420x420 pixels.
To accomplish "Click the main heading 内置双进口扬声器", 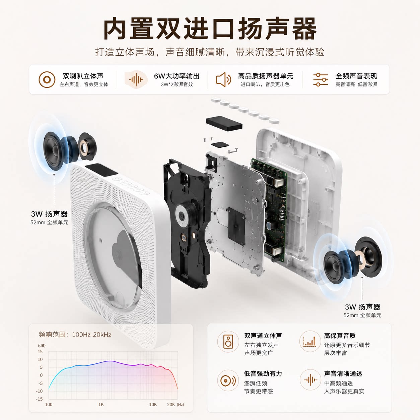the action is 210,29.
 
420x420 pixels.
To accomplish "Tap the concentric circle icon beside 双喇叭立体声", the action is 47,80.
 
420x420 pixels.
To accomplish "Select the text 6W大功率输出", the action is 177,76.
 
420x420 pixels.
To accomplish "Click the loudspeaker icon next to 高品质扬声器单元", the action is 223,80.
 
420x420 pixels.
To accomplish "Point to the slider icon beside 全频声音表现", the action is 321,80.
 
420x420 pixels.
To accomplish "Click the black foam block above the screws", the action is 224,123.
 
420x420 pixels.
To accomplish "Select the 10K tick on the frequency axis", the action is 153,405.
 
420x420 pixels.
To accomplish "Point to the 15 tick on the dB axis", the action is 40,352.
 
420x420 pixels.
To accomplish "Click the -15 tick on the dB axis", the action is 39,399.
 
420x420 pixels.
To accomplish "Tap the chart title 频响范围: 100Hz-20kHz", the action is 75,335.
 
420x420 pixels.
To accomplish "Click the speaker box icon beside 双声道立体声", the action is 228,342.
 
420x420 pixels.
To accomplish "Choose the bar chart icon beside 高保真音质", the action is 310,341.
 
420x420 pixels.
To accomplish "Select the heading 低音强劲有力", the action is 263,373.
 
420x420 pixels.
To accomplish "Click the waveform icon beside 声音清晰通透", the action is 310,380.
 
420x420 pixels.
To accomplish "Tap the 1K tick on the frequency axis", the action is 101,405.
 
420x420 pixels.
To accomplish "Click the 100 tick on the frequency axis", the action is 49,405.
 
